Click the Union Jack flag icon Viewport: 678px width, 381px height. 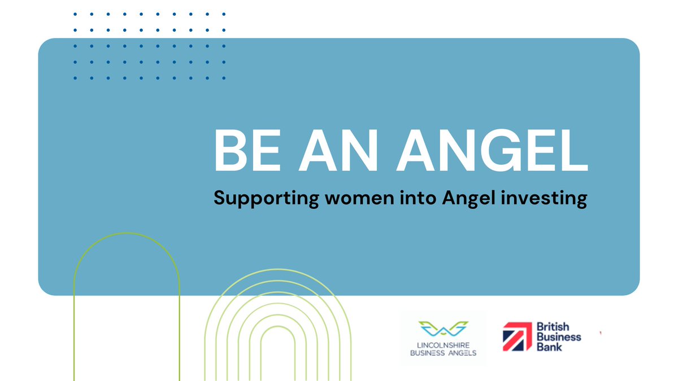click(517, 337)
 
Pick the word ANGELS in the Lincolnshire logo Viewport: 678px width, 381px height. click(460, 353)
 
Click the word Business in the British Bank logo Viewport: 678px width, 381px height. click(558, 337)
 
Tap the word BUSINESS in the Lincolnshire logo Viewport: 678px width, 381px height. click(427, 353)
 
